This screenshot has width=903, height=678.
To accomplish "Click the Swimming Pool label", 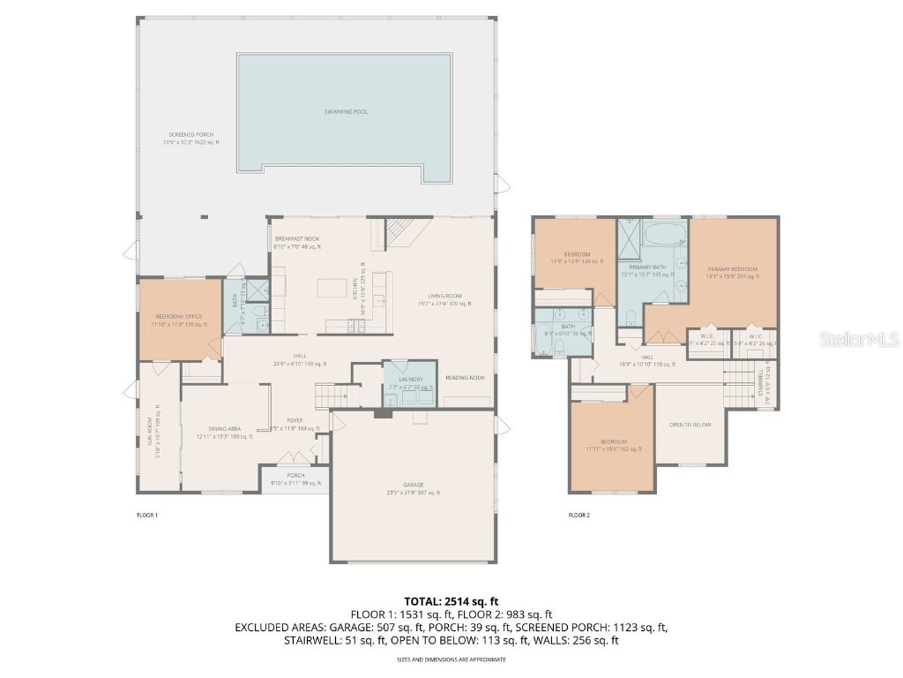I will click(345, 112).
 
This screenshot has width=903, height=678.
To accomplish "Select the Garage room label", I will click(414, 485).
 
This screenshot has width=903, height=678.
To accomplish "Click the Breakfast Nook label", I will click(297, 239).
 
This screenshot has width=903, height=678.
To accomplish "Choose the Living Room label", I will click(445, 296).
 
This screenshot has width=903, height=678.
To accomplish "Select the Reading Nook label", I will click(466, 377).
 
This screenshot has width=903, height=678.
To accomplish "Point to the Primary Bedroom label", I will click(732, 268).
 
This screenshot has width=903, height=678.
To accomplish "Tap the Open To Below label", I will click(690, 425).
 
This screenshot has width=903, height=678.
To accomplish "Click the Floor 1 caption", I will click(147, 515).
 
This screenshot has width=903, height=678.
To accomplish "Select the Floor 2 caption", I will click(578, 515).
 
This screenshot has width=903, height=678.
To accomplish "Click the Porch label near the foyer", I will click(295, 475).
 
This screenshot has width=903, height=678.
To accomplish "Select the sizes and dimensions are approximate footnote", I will click(451, 659).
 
